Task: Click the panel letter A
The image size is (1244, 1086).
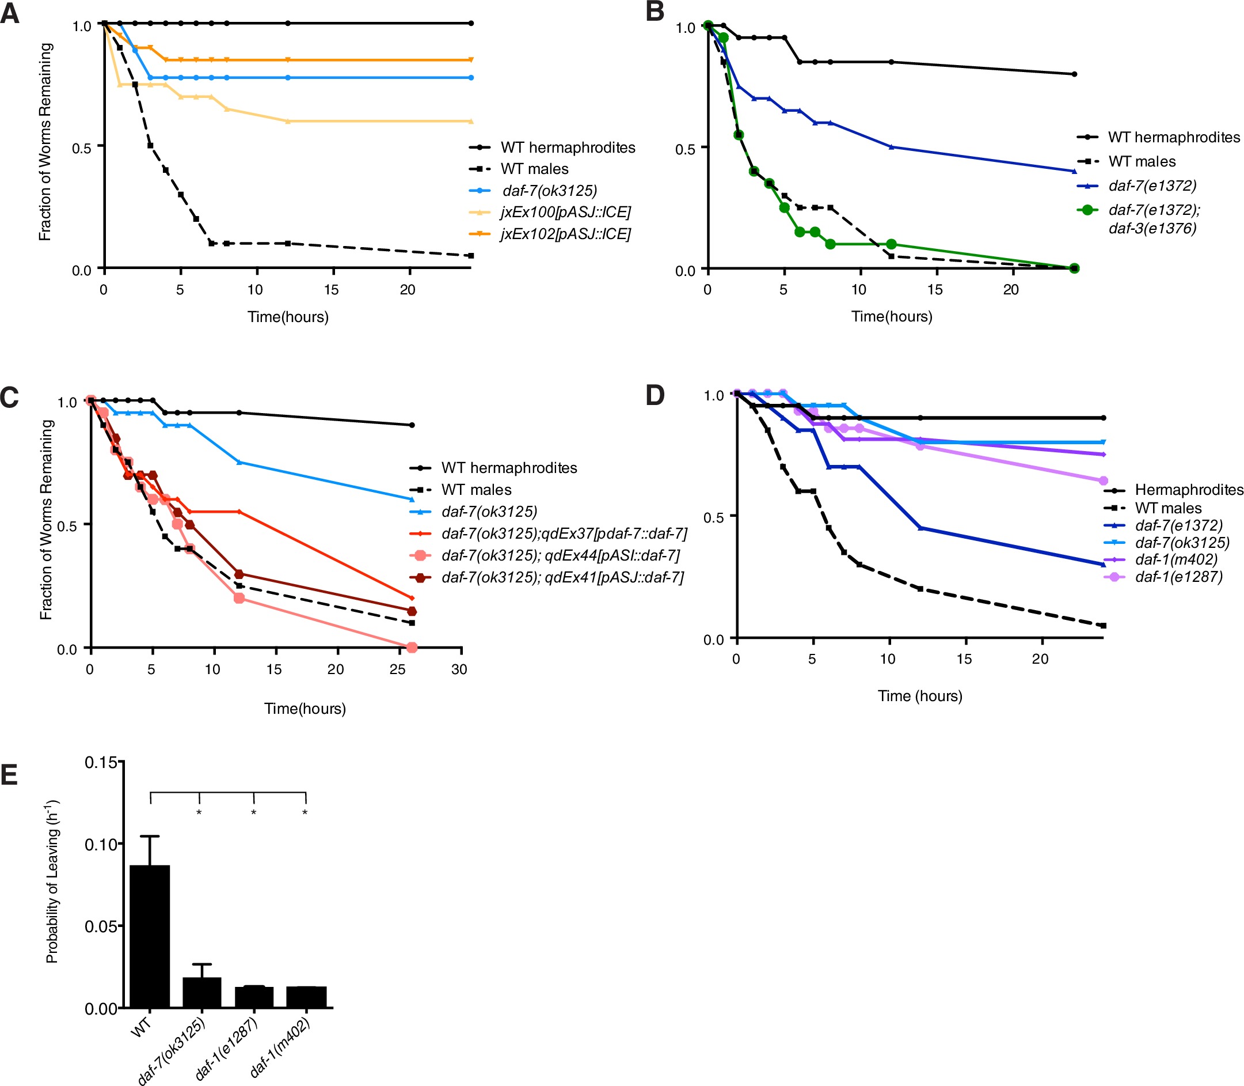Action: point(10,13)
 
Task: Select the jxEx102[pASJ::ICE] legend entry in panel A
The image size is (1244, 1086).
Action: point(565,234)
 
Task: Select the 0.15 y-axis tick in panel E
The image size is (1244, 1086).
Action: point(101,762)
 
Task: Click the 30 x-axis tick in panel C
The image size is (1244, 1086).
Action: point(459,669)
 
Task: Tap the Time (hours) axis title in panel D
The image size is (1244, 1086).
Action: point(919,696)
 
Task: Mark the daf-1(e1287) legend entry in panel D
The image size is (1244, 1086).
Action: point(1178,576)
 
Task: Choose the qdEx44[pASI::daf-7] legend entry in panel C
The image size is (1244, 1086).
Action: point(560,555)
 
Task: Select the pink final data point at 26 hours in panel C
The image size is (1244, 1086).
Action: point(412,648)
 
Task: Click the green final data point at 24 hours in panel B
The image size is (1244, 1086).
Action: point(1074,268)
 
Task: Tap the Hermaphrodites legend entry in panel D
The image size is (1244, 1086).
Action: point(1188,489)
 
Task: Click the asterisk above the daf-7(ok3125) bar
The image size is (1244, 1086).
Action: point(199,813)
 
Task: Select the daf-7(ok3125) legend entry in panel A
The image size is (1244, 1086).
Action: point(549,191)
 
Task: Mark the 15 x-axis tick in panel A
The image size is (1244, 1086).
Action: point(331,290)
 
